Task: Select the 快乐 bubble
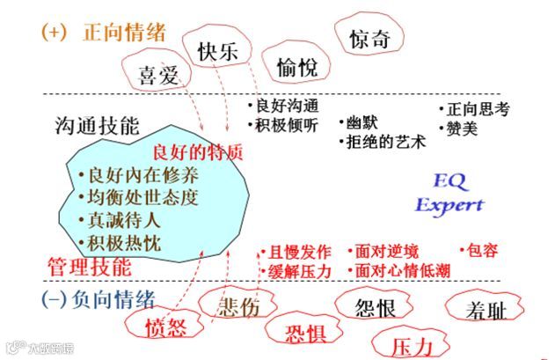218,50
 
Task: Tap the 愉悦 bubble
296,67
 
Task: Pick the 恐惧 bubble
306,333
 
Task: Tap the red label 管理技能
87,264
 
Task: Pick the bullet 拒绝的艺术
383,141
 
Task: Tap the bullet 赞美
463,129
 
